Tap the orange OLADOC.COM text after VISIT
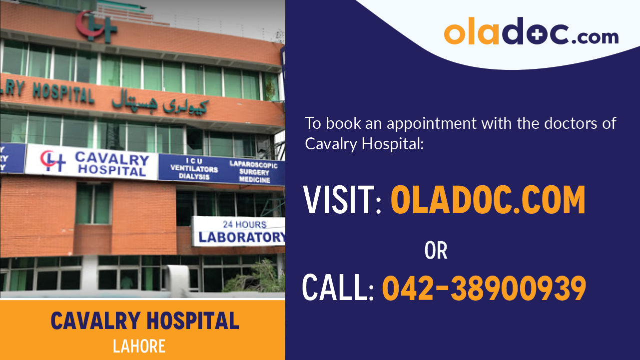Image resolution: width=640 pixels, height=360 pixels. tap(488, 200)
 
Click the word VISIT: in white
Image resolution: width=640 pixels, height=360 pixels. tap(343, 200)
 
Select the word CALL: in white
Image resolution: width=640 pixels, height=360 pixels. tap(338, 289)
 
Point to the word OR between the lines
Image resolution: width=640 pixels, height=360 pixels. tap(436, 251)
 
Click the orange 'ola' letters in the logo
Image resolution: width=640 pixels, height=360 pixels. tap(472, 33)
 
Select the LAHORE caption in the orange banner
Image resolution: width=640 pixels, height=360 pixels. tap(139, 346)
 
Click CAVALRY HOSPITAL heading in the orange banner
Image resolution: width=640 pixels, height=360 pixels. tap(145, 321)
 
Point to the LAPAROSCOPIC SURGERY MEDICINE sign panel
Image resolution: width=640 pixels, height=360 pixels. tap(254, 171)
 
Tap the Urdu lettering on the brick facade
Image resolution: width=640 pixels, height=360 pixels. tap(160, 103)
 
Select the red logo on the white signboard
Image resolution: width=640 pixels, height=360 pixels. tap(53, 161)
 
